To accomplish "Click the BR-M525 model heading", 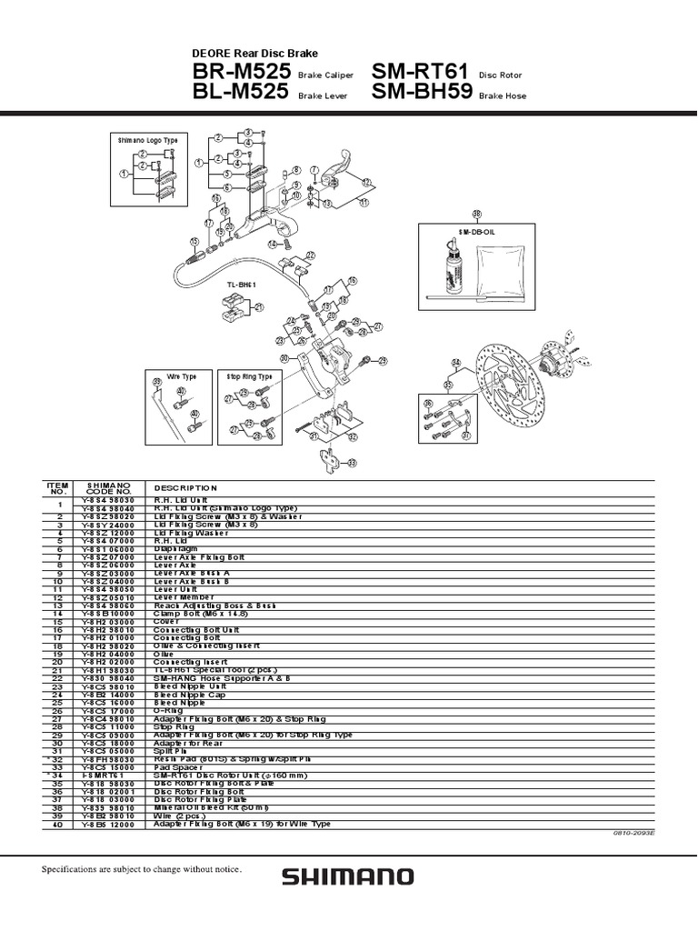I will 241,72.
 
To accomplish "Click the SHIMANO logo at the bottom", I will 347,876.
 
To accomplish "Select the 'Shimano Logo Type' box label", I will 145,141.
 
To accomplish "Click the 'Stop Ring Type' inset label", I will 248,375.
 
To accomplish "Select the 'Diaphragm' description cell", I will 173,549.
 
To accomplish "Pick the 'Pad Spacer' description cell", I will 174,766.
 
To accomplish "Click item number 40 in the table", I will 57,824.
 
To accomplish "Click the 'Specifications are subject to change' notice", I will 143,870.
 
